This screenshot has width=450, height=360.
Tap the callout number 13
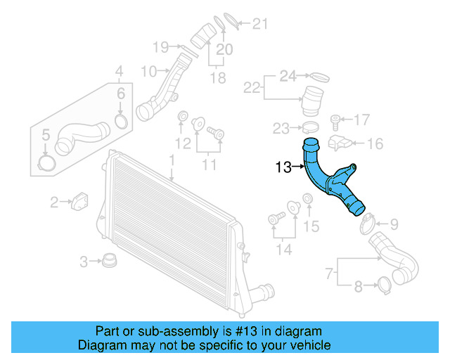click(x=283, y=167)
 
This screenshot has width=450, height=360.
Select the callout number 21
click(x=260, y=25)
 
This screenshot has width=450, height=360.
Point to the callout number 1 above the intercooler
click(x=171, y=161)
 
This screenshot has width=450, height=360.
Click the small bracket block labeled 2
click(x=79, y=199)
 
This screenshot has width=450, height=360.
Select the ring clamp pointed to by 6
click(x=120, y=122)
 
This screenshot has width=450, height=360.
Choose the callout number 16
click(x=375, y=144)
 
